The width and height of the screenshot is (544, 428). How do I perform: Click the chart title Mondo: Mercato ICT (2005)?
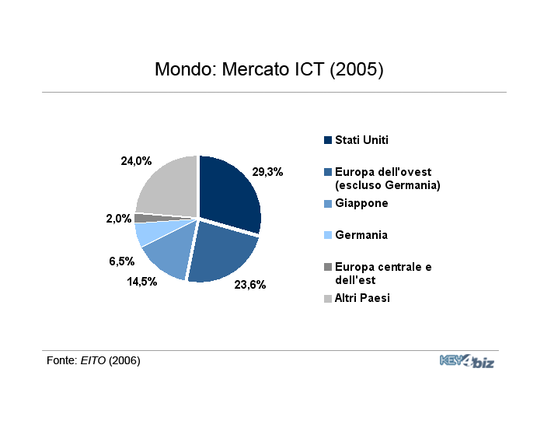[269, 69]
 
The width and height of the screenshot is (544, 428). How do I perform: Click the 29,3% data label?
[267, 172]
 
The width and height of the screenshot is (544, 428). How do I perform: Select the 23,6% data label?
[250, 285]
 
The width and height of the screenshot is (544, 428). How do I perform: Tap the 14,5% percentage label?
[142, 282]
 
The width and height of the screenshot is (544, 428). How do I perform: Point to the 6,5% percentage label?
[122, 261]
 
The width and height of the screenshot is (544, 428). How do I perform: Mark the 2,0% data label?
[119, 219]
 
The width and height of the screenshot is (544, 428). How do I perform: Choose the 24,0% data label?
[136, 161]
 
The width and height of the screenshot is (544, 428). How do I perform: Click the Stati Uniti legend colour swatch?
[328, 140]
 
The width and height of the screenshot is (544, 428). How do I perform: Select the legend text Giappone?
[361, 203]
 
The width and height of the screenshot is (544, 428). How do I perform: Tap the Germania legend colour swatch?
[328, 235]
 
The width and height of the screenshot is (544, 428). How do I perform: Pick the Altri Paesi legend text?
[362, 298]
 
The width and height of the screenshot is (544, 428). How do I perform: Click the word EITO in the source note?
[93, 360]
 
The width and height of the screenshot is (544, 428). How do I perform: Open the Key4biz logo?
[467, 361]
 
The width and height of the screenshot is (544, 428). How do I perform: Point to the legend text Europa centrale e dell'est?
[383, 273]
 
